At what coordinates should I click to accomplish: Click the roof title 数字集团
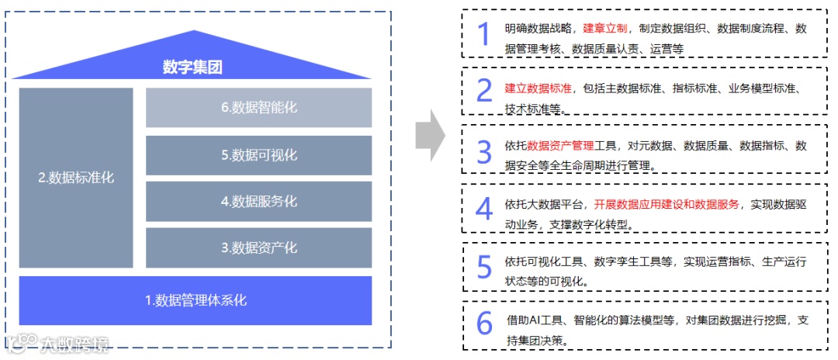192,67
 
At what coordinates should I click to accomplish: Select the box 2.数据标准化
76,178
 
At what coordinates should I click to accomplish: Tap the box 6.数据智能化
258,108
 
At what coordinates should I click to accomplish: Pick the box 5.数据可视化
258,155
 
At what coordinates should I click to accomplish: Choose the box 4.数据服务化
258,202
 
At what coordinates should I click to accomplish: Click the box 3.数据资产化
258,248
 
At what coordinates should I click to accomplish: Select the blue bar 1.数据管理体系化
196,299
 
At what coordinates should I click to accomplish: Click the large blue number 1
484,35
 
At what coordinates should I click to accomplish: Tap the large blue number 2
484,92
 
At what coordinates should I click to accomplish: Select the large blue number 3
484,152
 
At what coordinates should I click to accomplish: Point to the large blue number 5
484,266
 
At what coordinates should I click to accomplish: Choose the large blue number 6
484,324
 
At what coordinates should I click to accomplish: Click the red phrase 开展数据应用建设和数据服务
667,205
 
